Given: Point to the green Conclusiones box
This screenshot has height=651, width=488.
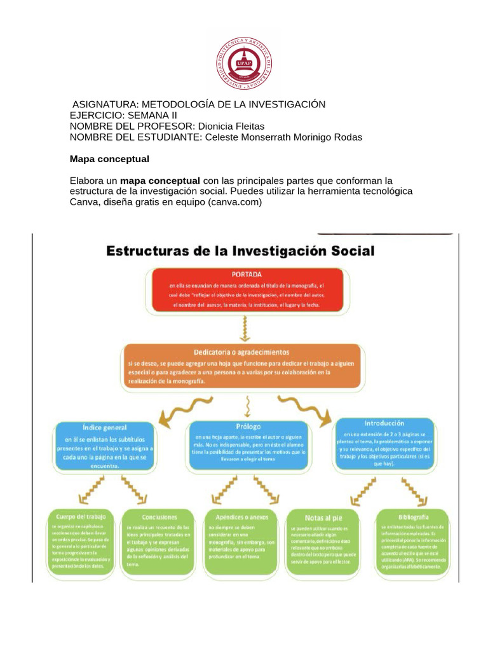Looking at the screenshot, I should coord(159,540).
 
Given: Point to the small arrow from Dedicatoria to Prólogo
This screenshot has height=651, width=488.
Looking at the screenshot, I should coord(247,406).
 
